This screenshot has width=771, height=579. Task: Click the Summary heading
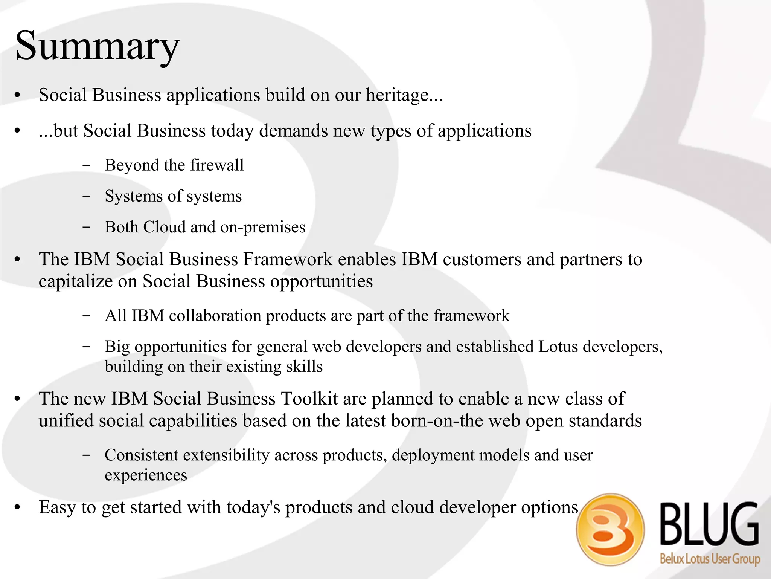pos(97,46)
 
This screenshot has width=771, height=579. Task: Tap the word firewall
pos(217,165)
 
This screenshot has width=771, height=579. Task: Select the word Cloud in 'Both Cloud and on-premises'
pos(164,227)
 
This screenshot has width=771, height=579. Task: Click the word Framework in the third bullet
pos(288,259)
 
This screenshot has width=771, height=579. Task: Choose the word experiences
pos(146,475)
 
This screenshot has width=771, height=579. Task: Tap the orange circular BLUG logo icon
pos(610,529)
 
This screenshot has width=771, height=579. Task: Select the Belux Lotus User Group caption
pos(710,558)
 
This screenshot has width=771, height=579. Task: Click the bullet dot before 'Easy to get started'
pos(17,507)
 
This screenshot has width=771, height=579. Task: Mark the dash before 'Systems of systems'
pos(86,196)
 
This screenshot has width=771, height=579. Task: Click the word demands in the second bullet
pos(293,131)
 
